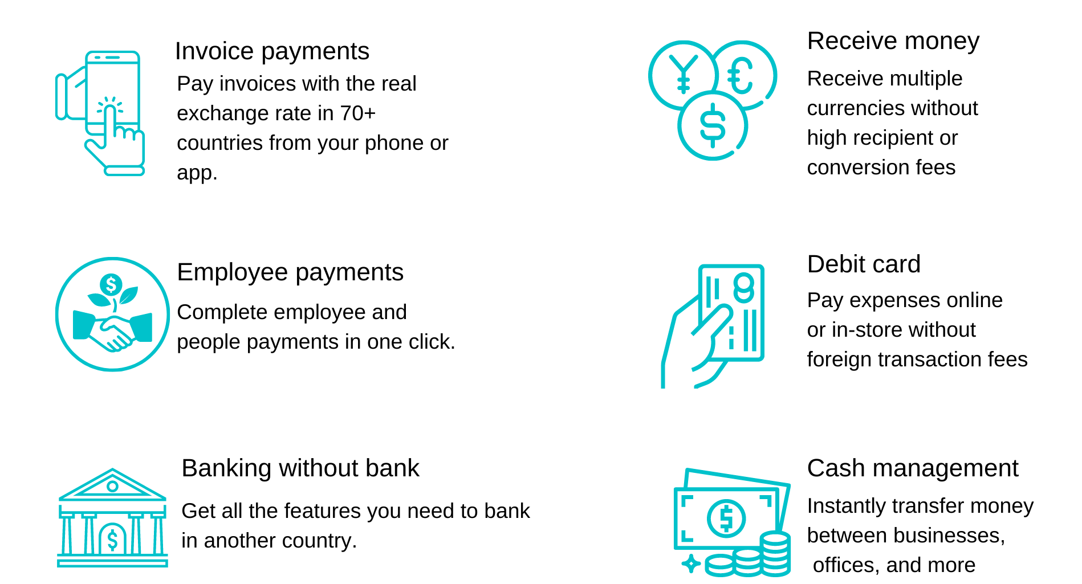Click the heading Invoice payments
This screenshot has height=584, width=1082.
tap(272, 51)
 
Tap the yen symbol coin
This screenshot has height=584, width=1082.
tap(683, 75)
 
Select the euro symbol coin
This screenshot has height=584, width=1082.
tap(743, 75)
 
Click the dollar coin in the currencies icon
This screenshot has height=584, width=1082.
tap(713, 126)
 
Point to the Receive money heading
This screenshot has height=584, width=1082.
tap(893, 41)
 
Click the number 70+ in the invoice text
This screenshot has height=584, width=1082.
tap(358, 113)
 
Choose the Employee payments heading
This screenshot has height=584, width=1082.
tap(290, 272)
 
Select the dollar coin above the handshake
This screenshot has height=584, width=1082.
tap(111, 284)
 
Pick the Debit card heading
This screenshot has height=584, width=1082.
tap(864, 264)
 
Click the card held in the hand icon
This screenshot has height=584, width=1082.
tap(732, 312)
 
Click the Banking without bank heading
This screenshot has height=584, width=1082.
tap(300, 468)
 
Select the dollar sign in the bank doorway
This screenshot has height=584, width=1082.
tap(112, 540)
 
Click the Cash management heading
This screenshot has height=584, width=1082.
tap(913, 468)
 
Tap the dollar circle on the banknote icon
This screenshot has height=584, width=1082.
tap(726, 518)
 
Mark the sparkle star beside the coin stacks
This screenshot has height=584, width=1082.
tap(691, 563)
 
